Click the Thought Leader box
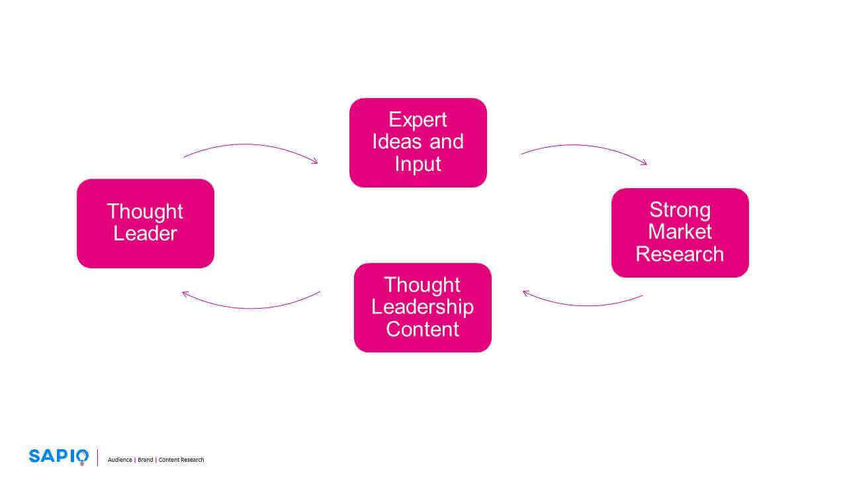[x=146, y=223]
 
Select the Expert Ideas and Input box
[x=418, y=142]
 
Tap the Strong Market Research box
[x=680, y=233]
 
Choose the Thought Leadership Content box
[x=422, y=307]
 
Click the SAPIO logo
[x=58, y=456]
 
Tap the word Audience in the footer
[x=120, y=460]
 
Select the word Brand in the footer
[x=145, y=460]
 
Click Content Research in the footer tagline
[x=181, y=460]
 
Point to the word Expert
[x=418, y=120]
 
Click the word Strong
[x=680, y=210]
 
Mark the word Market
[x=680, y=232]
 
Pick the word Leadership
[x=422, y=307]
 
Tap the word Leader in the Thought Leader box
[x=146, y=234]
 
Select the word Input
[x=418, y=164]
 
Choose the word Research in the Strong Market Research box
[x=680, y=254]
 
